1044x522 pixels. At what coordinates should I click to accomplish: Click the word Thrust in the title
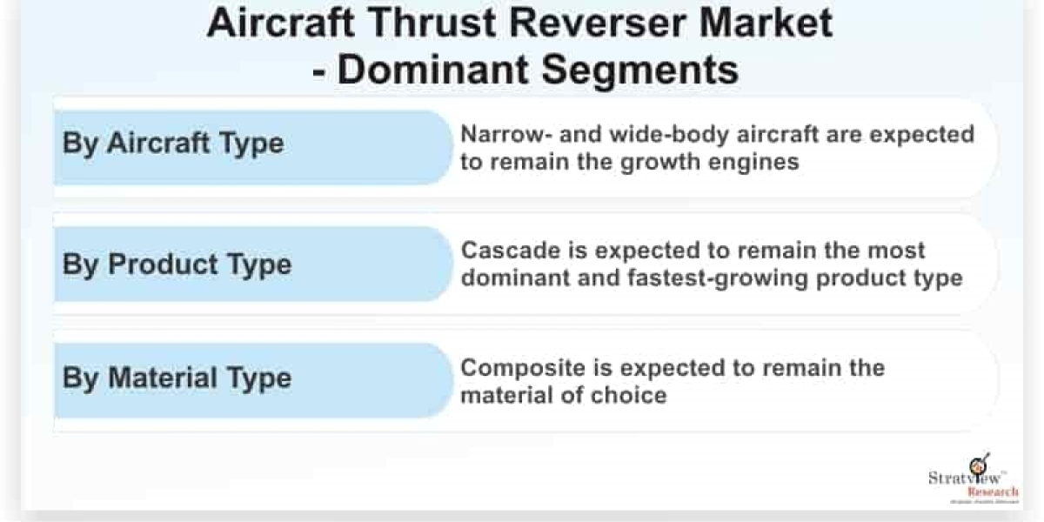(432, 23)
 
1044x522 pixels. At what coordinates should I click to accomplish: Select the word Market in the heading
(766, 23)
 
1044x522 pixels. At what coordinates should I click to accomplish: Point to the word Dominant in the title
(433, 70)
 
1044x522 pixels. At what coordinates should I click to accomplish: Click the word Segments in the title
(640, 70)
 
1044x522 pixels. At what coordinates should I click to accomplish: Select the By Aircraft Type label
(173, 144)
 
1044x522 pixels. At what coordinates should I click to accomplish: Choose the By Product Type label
(177, 264)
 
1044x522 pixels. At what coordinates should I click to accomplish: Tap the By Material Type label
(177, 378)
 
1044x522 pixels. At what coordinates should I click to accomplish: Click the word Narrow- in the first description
(504, 135)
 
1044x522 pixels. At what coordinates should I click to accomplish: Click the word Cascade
(511, 251)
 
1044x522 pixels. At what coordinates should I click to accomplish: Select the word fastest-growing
(718, 278)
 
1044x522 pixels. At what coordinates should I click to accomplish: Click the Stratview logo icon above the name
(979, 465)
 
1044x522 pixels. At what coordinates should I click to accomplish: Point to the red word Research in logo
(993, 492)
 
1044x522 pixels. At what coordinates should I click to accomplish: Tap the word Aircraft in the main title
(280, 23)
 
